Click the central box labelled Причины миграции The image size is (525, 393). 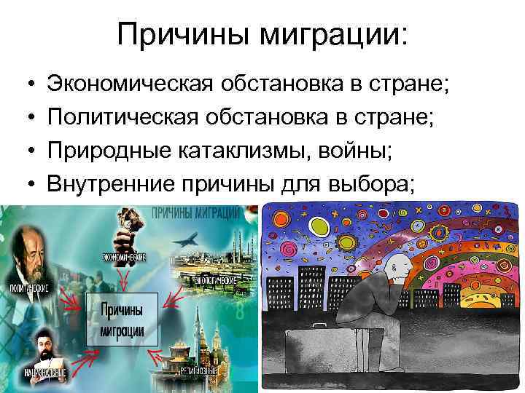click(x=121, y=321)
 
